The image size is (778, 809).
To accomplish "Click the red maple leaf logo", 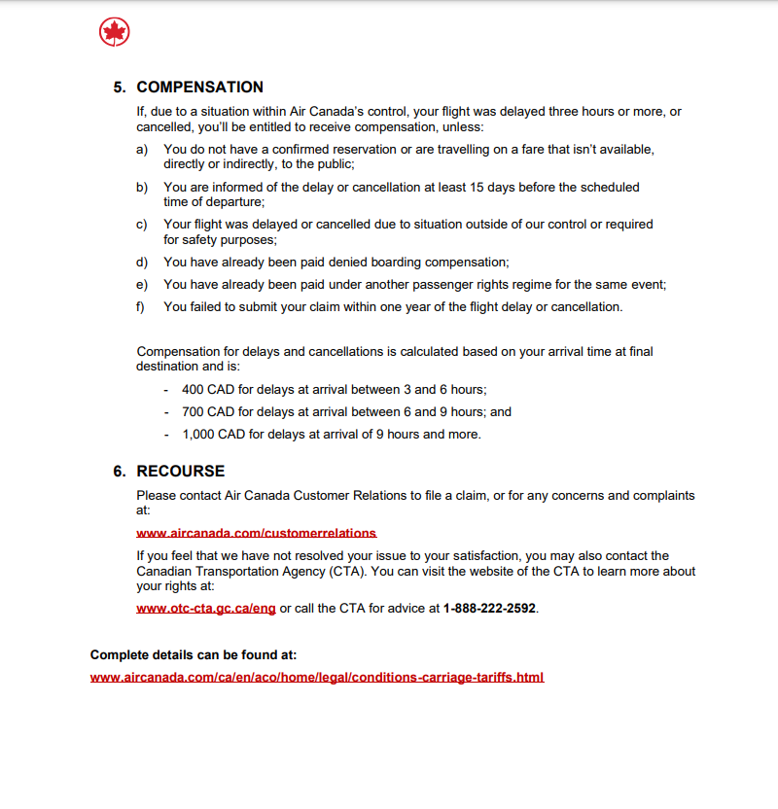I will [x=115, y=33].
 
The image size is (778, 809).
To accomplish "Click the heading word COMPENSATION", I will [x=199, y=88].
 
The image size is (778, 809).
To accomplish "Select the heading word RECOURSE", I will [x=180, y=471].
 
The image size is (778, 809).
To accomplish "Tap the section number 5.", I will [x=119, y=88].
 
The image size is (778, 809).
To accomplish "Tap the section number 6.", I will [x=119, y=471].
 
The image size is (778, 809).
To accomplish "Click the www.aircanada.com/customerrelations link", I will [x=256, y=533].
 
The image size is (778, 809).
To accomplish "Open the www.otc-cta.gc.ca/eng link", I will [x=206, y=609].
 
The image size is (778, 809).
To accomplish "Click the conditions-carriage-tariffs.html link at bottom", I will [x=317, y=677].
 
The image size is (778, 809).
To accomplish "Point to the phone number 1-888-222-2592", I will [x=489, y=609].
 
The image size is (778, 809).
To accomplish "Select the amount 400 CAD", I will [x=207, y=389].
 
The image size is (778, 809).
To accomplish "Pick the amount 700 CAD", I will [x=207, y=411].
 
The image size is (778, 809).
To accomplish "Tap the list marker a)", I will [x=142, y=149].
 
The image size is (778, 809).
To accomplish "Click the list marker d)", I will [x=142, y=262].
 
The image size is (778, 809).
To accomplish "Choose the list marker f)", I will [x=141, y=306].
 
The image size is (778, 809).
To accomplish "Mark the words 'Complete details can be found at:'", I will [x=194, y=654].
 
